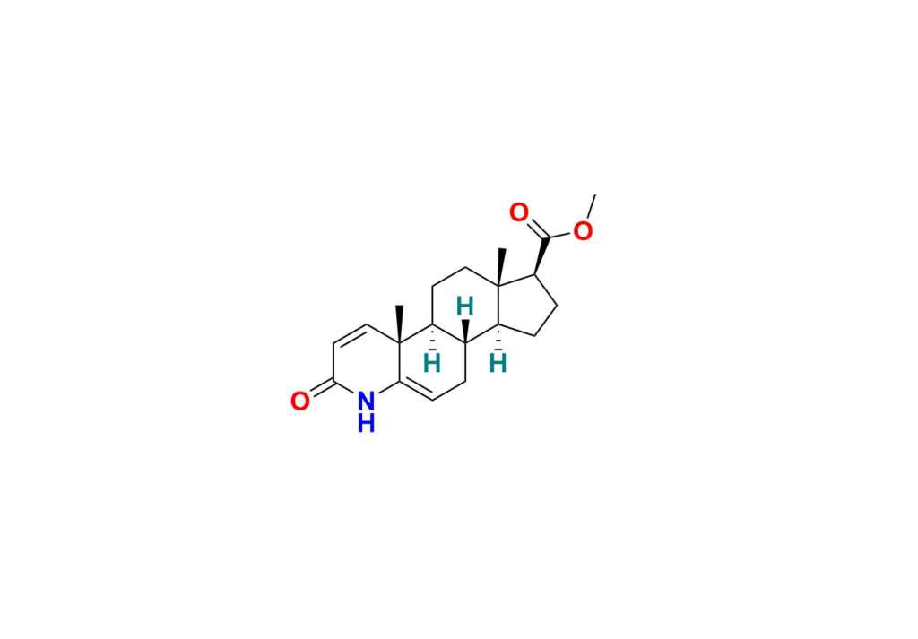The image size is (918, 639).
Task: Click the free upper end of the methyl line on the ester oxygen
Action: click(x=595, y=194)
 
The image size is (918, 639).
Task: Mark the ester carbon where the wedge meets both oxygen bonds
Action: click(x=546, y=238)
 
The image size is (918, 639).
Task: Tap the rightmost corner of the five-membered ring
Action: click(x=556, y=305)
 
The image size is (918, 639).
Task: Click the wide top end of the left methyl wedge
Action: click(x=399, y=306)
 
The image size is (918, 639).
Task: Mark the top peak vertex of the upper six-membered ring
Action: click(x=465, y=267)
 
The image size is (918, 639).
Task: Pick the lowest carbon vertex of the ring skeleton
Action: click(x=433, y=401)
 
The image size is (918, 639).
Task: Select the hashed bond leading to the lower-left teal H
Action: click(x=433, y=338)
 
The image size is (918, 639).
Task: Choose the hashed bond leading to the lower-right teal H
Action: click(x=498, y=338)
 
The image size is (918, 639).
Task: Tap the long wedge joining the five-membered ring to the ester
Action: click(x=541, y=255)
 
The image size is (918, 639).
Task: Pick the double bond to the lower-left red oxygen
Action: click(x=322, y=389)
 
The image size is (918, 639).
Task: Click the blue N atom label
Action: click(x=366, y=402)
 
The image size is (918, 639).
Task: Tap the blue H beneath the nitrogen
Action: click(x=366, y=423)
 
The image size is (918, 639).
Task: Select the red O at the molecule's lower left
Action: click(x=300, y=402)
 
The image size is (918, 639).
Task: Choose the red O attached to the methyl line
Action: click(x=583, y=231)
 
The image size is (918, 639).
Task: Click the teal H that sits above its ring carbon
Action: click(x=465, y=306)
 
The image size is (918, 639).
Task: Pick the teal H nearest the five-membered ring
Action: click(x=498, y=363)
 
